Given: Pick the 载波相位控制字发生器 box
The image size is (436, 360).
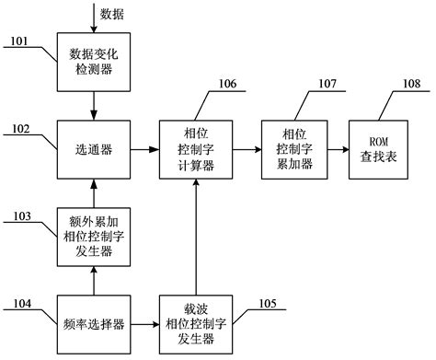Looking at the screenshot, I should click(194, 324).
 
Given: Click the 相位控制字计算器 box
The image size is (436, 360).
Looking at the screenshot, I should click(194, 146).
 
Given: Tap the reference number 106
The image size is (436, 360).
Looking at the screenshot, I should click(226, 85).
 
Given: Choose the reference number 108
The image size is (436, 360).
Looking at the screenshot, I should click(412, 85).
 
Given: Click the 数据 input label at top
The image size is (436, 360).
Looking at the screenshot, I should click(113, 13).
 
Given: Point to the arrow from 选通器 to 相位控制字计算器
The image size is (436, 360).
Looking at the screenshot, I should click(143, 146).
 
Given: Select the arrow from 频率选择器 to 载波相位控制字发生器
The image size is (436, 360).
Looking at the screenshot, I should click(143, 324).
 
